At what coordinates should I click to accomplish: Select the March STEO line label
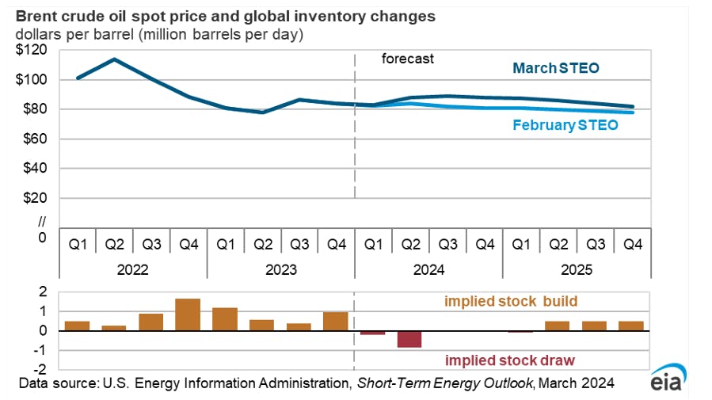click(x=556, y=69)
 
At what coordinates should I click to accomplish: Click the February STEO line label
click(x=565, y=125)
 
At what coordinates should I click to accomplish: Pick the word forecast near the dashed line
click(x=408, y=59)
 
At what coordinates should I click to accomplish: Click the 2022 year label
click(x=133, y=269)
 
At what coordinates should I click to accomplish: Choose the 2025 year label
click(x=576, y=269)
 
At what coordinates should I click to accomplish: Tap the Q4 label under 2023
click(x=336, y=244)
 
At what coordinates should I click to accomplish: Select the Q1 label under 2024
click(x=373, y=244)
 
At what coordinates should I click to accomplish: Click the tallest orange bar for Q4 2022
click(x=188, y=314)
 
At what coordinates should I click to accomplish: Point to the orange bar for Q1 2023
click(x=225, y=319)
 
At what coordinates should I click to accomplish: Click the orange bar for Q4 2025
click(x=631, y=326)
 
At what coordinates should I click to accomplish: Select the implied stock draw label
click(x=509, y=360)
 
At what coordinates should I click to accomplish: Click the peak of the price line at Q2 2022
click(x=115, y=59)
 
